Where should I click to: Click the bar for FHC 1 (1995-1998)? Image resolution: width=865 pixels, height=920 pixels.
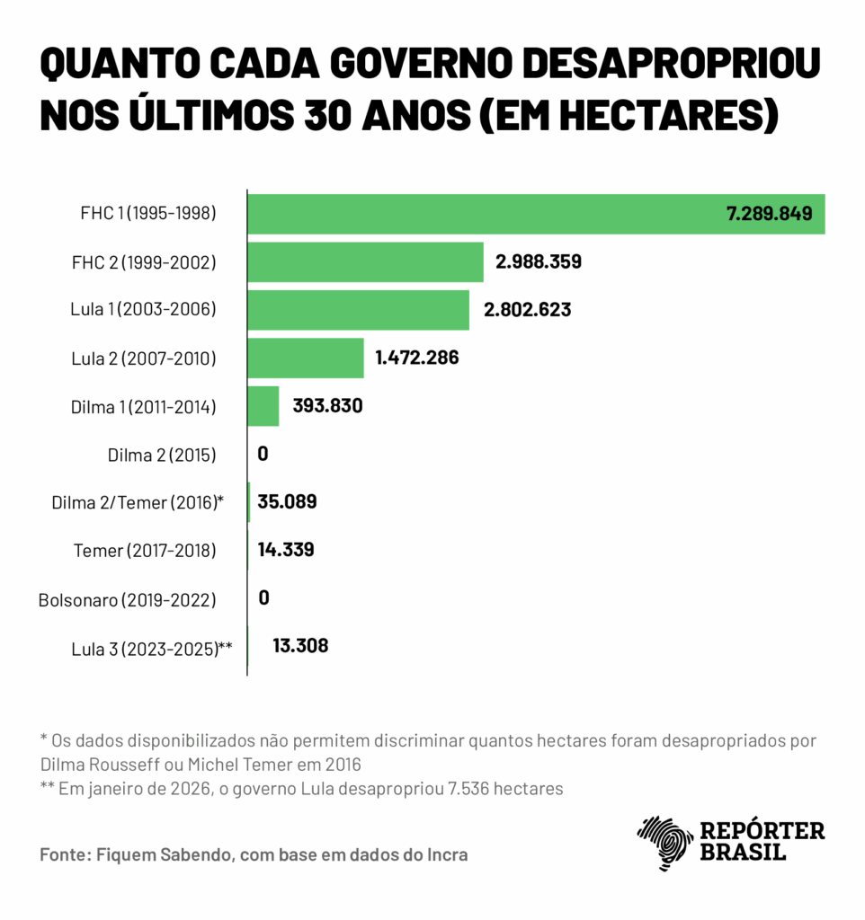(486, 214)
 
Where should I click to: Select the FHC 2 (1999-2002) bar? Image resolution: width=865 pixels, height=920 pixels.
(365, 262)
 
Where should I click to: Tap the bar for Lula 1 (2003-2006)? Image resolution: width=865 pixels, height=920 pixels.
(358, 310)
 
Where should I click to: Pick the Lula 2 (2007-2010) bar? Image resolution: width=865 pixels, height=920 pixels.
(306, 358)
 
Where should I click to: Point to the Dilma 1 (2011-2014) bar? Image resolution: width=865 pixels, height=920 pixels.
(263, 406)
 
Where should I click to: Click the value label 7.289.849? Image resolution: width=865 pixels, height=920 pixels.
(769, 214)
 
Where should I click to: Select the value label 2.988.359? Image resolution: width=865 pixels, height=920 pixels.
(538, 262)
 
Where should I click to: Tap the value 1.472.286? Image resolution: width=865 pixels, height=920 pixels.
(417, 358)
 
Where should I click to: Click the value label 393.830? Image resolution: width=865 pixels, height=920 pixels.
(327, 406)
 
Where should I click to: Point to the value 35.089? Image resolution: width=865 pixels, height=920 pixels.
(287, 501)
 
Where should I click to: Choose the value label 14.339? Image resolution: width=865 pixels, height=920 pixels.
(286, 550)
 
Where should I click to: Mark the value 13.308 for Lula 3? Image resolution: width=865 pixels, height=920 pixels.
(299, 645)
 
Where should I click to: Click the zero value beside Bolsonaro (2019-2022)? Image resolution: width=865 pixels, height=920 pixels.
(263, 597)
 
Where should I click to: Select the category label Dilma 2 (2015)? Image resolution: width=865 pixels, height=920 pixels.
(162, 455)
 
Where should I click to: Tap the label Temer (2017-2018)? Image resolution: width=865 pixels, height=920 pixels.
(145, 551)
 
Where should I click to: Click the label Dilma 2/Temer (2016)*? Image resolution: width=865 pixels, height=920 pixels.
(137, 503)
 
